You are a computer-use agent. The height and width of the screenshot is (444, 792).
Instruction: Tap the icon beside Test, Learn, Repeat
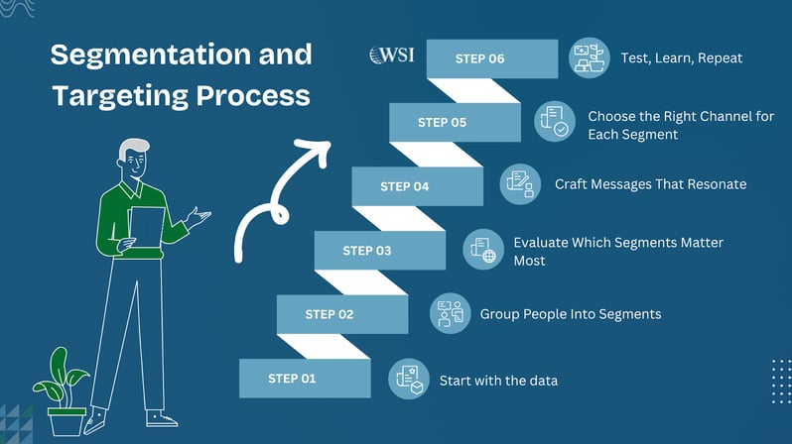[x=590, y=57]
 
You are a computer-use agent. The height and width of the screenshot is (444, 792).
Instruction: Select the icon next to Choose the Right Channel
[x=554, y=122]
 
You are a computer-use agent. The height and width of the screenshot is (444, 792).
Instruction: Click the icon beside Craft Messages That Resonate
[x=518, y=184]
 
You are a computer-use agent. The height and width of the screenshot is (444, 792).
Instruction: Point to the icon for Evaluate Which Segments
[x=482, y=249]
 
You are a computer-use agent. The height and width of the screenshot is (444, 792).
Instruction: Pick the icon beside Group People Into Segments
[x=449, y=313]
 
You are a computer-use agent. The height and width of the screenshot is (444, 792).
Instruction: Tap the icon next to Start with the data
[x=407, y=378]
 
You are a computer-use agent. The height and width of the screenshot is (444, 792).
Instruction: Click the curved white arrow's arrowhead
[x=317, y=150]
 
